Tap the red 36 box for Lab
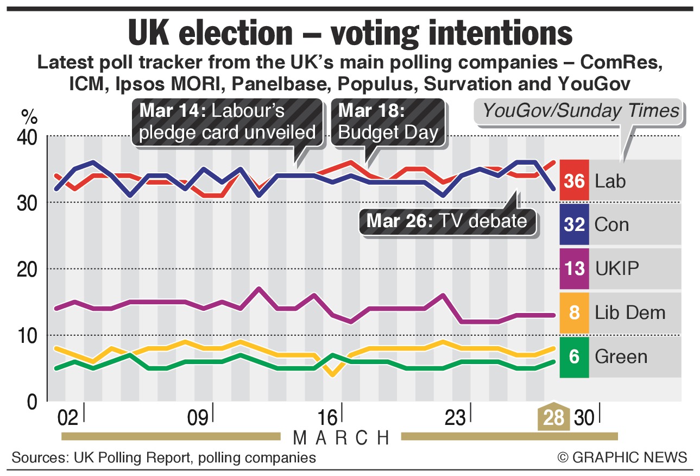click(574, 180)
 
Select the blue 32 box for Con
click(574, 224)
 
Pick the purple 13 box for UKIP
click(574, 268)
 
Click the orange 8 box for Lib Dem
click(574, 312)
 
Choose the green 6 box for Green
click(574, 356)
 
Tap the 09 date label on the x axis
click(197, 418)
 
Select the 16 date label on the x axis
click(328, 418)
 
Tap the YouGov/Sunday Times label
click(581, 111)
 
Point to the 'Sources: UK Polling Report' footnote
click(163, 458)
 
